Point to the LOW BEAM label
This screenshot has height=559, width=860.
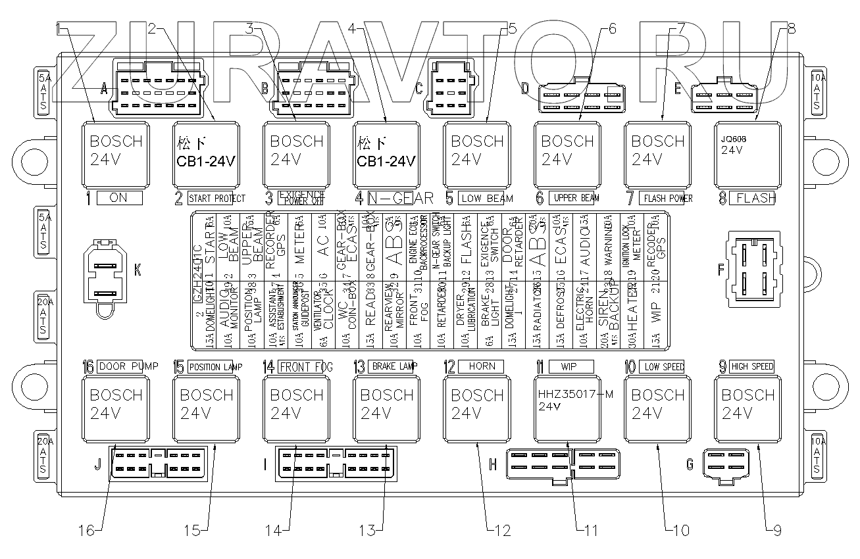[x=486, y=198]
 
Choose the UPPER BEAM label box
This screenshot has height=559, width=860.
[x=576, y=198]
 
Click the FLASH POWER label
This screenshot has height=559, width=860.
[x=668, y=198]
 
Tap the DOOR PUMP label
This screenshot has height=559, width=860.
[x=128, y=366]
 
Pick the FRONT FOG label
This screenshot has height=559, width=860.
[x=305, y=366]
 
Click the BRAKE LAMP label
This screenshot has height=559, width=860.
[x=393, y=366]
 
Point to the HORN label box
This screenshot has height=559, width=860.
[x=482, y=366]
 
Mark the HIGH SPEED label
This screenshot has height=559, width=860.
[x=752, y=366]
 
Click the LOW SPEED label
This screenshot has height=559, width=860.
[x=661, y=366]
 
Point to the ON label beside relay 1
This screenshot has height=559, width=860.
[x=119, y=198]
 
